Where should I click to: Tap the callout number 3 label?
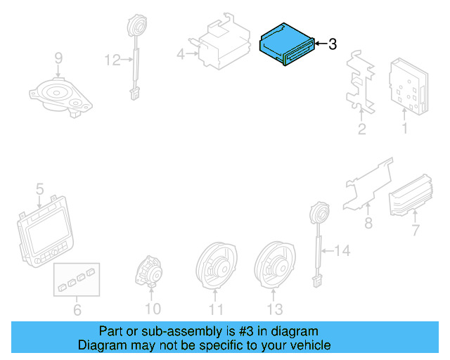333,44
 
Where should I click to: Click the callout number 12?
113,60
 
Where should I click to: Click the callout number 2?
361,129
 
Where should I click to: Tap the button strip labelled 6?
77,278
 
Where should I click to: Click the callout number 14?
341,250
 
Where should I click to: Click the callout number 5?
40,188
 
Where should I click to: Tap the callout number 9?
58,57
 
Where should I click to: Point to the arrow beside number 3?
319,44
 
